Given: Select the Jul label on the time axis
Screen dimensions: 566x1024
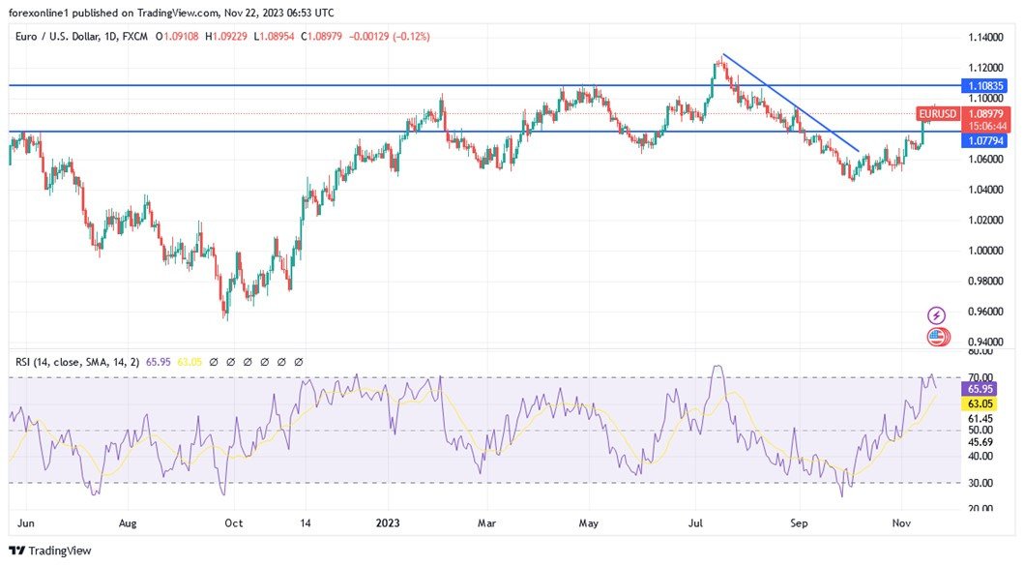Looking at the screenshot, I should pos(695,522).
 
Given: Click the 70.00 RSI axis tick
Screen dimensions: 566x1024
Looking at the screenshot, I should pos(980,377).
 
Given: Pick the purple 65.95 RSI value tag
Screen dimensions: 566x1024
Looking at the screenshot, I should pos(980,389).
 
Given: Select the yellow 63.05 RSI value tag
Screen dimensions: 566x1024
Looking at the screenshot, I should pos(980,403).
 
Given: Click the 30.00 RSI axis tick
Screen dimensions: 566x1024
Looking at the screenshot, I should pos(980,483).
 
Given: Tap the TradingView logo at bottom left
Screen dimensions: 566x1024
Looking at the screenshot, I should pos(50,551).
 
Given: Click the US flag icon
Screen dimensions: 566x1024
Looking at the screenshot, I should pos(936,338).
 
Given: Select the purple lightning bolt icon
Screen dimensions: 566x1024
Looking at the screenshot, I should pos(936,315).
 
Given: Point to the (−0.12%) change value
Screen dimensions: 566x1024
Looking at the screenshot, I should pos(408,36).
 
